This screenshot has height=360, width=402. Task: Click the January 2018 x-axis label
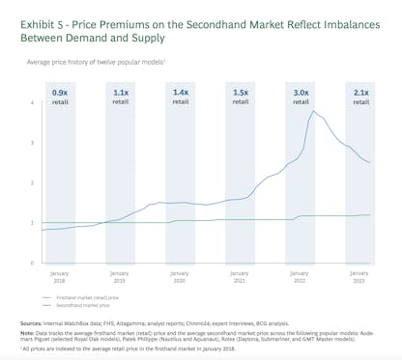point(60,275)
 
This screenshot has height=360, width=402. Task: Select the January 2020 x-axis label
point(180,275)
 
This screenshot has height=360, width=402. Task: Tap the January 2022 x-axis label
point(301,275)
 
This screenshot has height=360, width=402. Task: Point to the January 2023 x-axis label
point(359,275)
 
